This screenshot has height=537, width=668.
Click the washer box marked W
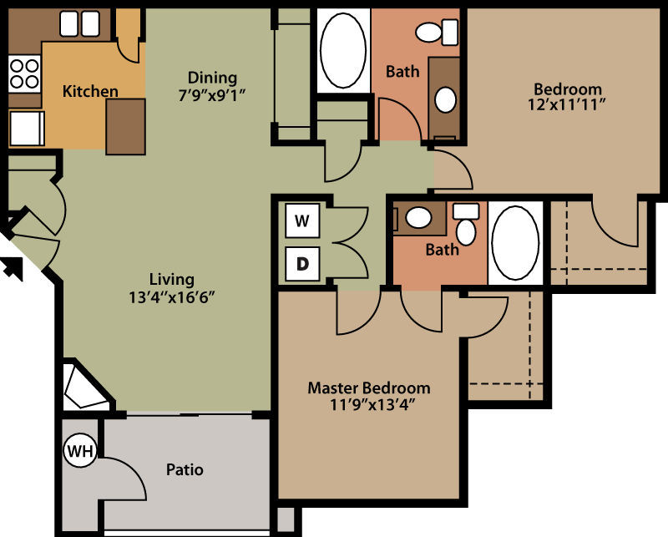click(x=302, y=220)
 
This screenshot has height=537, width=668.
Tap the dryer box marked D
click(x=302, y=264)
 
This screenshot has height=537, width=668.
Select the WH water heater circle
click(x=80, y=450)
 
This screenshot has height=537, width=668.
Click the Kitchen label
click(x=90, y=91)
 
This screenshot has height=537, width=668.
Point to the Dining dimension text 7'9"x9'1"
click(x=212, y=95)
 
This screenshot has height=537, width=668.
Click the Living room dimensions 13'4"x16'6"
click(x=171, y=297)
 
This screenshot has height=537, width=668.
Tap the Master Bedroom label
click(x=369, y=388)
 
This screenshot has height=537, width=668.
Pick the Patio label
click(x=185, y=469)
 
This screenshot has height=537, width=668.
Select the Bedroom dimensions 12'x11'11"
click(x=567, y=104)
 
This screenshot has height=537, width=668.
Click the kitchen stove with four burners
click(x=24, y=73)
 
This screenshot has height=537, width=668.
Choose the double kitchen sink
click(x=79, y=24)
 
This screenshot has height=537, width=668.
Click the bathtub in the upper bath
click(x=343, y=51)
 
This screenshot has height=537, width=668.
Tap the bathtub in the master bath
click(x=515, y=243)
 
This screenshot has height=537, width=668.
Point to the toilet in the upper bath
click(x=437, y=32)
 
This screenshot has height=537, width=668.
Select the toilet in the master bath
click(x=466, y=223)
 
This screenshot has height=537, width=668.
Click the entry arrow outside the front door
click(x=12, y=269)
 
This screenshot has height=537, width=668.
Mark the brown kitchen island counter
click(x=126, y=127)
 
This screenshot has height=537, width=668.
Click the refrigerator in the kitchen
click(x=27, y=128)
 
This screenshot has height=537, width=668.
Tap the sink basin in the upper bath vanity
click(x=446, y=99)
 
